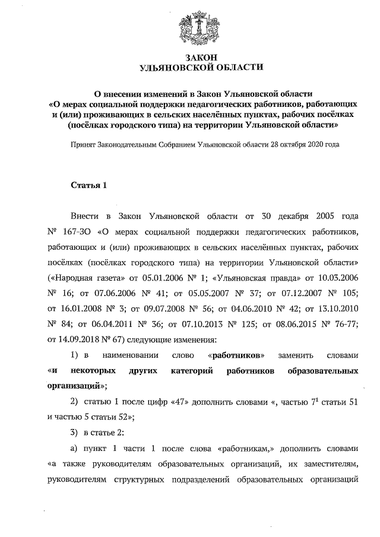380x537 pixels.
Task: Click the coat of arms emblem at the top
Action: point(199,27)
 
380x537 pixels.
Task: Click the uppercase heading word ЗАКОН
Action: point(200,57)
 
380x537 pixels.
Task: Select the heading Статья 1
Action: point(88,186)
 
